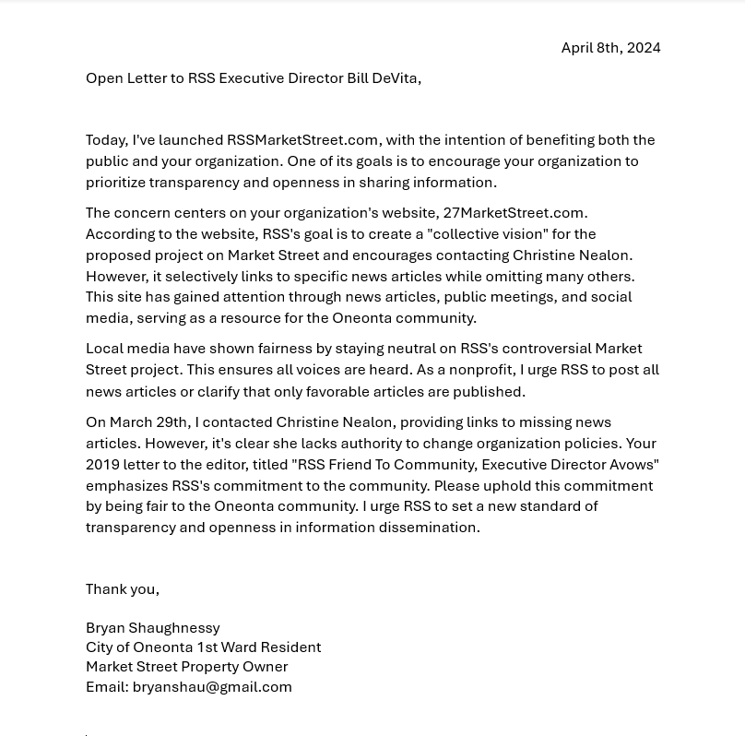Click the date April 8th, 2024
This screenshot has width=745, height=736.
[x=610, y=48]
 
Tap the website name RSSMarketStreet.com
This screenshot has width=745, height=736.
[x=302, y=140]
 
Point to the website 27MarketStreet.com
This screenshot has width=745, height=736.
[x=513, y=213]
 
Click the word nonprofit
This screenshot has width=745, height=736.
[x=478, y=370]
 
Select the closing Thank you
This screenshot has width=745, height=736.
[x=122, y=589]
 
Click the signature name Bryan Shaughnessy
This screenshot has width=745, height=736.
[x=152, y=628]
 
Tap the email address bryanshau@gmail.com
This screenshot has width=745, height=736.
[x=212, y=687]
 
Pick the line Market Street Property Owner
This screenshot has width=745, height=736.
[x=186, y=667]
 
